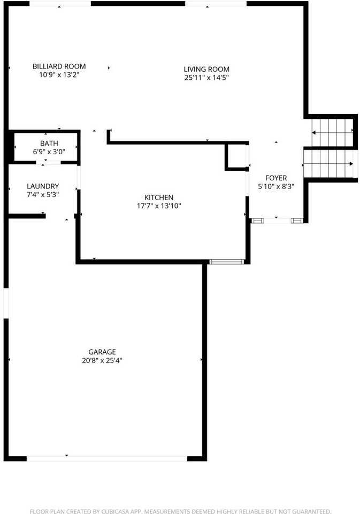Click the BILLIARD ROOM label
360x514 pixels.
pyautogui.click(x=59, y=66)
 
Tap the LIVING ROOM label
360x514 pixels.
pyautogui.click(x=206, y=69)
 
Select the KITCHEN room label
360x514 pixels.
pyautogui.click(x=159, y=198)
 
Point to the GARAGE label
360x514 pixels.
pyautogui.click(x=102, y=352)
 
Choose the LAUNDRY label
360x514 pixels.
pyautogui.click(x=43, y=186)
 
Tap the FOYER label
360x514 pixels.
pyautogui.click(x=276, y=178)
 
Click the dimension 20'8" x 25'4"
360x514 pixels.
pyautogui.click(x=102, y=360)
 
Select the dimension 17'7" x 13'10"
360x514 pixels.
pyautogui.click(x=159, y=206)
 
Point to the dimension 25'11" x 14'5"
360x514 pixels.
pyautogui.click(x=206, y=78)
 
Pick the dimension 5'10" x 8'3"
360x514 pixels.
pyautogui.click(x=276, y=186)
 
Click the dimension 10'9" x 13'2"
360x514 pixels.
pyautogui.click(x=59, y=75)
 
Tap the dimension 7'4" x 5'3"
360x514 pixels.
pyautogui.click(x=43, y=195)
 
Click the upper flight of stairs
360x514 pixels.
pyautogui.click(x=331, y=130)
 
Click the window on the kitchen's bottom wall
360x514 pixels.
pyautogui.click(x=226, y=262)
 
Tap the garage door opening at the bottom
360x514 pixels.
pyautogui.click(x=107, y=458)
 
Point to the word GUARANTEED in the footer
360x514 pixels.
pyautogui.click(x=311, y=511)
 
